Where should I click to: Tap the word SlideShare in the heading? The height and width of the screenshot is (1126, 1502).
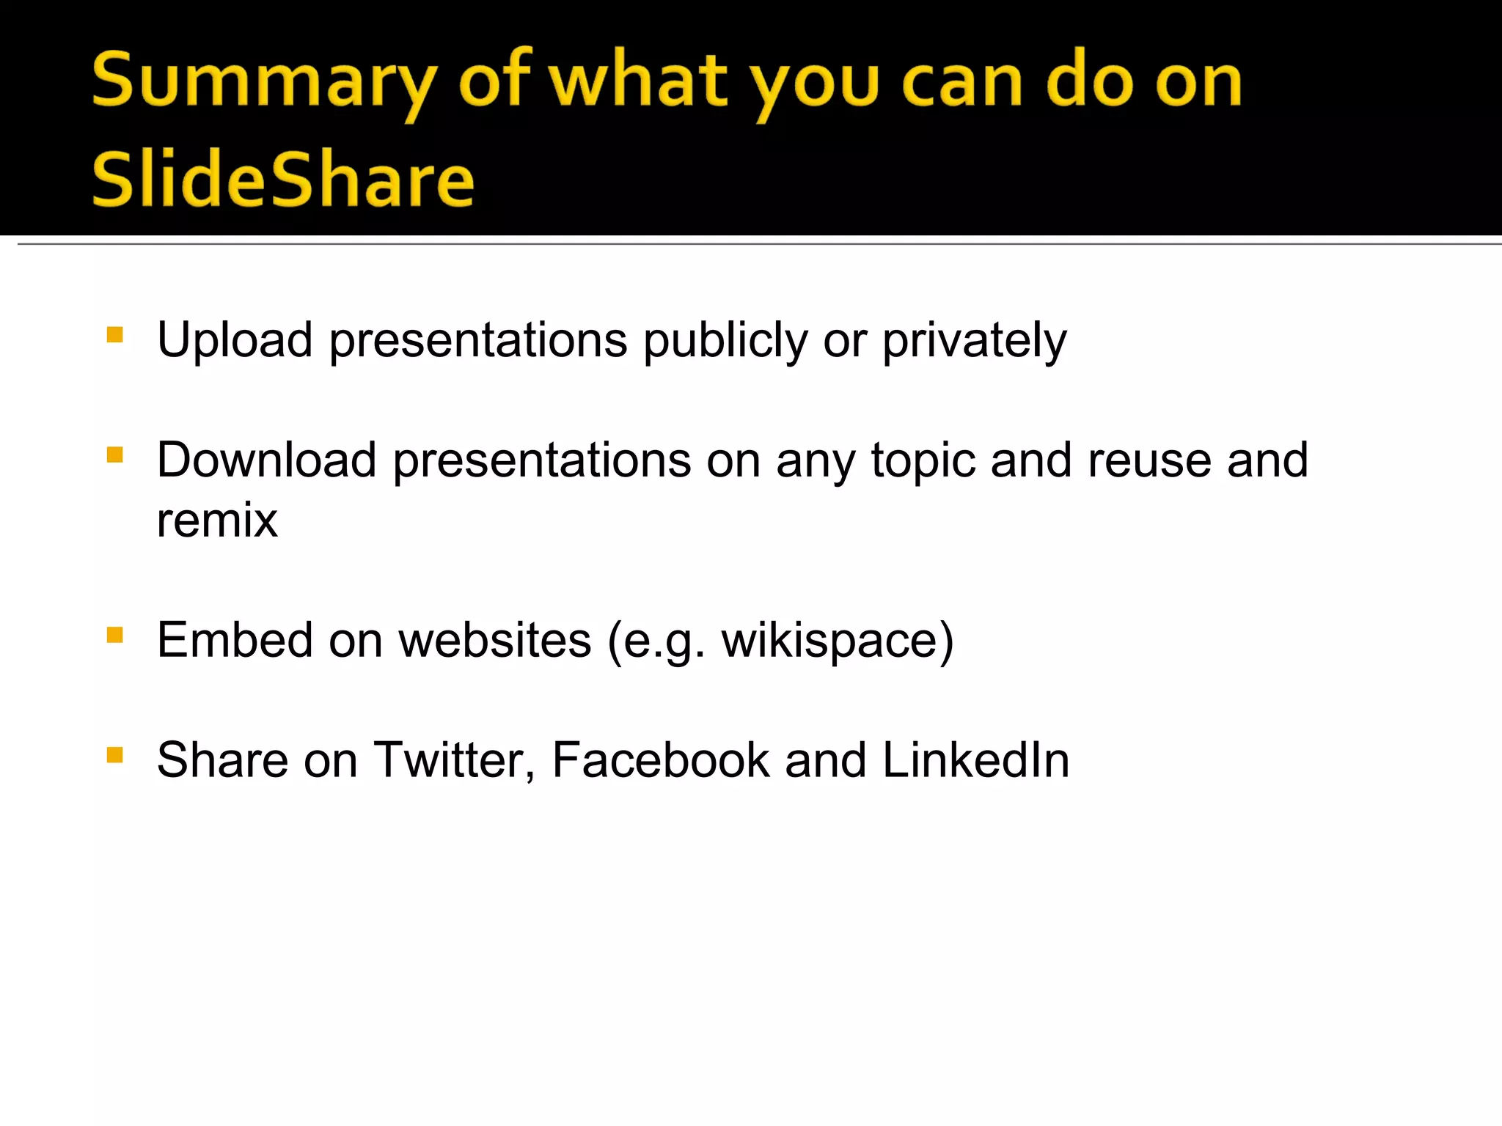point(283,180)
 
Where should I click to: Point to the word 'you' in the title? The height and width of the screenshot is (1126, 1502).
point(814,82)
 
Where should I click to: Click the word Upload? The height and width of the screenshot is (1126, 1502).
point(235,341)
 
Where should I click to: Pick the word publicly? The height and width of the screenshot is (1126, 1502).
point(725,341)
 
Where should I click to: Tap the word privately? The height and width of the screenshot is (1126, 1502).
point(974,341)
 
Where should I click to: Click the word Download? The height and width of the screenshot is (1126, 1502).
point(266,460)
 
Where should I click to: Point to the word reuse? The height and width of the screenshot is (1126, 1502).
point(1149,460)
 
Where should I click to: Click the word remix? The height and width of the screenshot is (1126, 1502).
point(217,520)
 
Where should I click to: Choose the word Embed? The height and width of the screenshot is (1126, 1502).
point(235,640)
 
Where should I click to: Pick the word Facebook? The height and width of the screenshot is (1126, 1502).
point(660,760)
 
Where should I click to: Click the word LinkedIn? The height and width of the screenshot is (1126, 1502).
point(975,760)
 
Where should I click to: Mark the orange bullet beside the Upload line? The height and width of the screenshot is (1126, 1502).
point(115,335)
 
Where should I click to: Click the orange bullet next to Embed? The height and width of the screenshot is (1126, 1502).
point(115,634)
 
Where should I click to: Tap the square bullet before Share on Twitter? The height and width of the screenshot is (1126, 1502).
point(115,754)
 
